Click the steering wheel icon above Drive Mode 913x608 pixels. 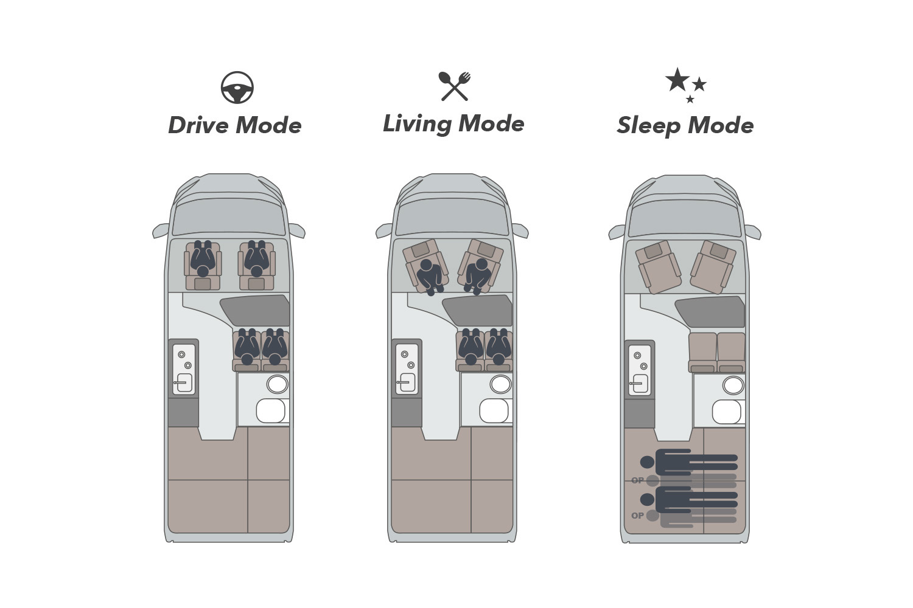(237, 88)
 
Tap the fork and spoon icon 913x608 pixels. (454, 86)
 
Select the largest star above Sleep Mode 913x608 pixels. (677, 80)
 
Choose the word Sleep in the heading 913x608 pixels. (648, 126)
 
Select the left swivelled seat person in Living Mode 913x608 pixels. (430, 274)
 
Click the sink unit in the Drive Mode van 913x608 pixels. (184, 369)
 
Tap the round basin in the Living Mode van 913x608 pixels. (500, 384)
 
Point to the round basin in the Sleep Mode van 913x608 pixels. (733, 385)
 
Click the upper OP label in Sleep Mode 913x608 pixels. (637, 480)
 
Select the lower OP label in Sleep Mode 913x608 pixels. (637, 516)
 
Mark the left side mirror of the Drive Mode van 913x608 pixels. (160, 231)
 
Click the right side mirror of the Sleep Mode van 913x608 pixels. (753, 232)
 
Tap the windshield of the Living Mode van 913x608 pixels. (452, 216)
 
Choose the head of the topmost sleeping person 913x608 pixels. (647, 462)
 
